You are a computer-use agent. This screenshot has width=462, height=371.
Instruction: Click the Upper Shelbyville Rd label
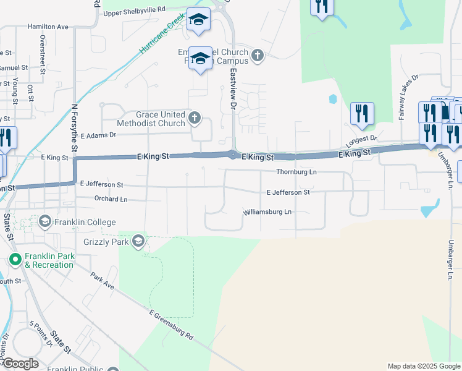click(135, 10)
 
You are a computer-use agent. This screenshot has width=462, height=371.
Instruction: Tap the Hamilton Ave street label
click(48, 27)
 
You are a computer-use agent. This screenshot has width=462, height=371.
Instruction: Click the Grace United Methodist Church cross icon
click(195, 118)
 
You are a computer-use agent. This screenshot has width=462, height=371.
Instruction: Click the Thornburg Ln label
click(296, 171)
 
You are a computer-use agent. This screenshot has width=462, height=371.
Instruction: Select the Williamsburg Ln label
click(267, 211)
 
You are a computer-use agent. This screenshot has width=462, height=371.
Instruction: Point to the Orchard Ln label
click(111, 199)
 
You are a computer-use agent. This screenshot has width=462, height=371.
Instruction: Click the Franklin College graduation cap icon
click(45, 221)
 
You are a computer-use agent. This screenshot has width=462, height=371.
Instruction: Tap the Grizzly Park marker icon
click(139, 241)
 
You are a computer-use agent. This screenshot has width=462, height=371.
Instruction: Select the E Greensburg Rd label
click(171, 325)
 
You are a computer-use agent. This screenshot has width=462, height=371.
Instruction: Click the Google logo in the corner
click(20, 364)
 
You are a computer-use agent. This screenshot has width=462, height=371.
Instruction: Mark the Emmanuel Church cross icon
click(258, 56)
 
